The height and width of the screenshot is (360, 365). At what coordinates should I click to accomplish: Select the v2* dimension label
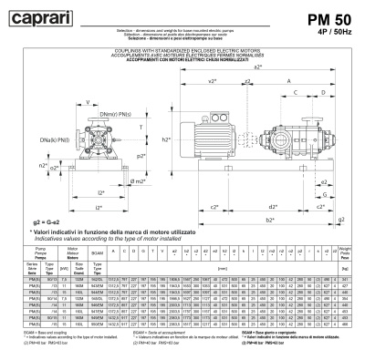coord(212,80)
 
